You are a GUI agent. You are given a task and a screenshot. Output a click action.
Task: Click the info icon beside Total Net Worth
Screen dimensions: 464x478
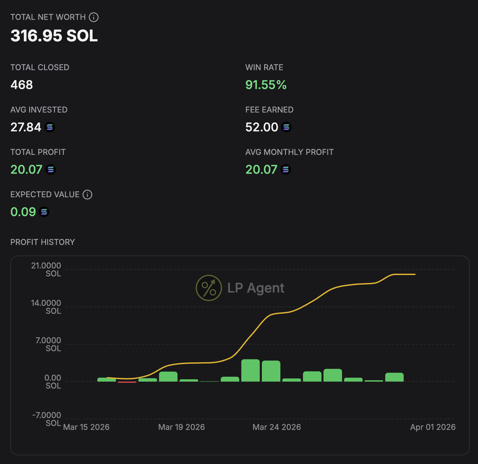click(x=94, y=17)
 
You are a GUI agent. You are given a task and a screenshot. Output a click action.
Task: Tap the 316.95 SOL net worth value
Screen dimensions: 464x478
click(x=54, y=36)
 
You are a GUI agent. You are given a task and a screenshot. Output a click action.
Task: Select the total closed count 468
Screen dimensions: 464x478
click(x=22, y=85)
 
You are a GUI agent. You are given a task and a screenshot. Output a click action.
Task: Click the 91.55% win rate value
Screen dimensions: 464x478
click(x=266, y=85)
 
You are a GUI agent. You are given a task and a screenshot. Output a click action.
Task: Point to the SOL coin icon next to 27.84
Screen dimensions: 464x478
click(x=50, y=127)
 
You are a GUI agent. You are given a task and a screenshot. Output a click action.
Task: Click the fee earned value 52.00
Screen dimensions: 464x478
click(x=262, y=127)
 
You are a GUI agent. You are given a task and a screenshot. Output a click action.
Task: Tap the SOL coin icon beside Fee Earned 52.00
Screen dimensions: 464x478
click(x=286, y=127)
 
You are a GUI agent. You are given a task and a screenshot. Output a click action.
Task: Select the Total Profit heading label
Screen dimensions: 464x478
click(x=38, y=152)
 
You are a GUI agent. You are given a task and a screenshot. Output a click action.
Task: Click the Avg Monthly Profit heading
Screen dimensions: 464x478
click(x=289, y=152)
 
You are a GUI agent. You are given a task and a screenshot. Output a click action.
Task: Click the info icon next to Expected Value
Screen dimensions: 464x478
click(x=87, y=195)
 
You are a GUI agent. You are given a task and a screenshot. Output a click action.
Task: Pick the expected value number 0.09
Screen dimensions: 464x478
click(x=23, y=212)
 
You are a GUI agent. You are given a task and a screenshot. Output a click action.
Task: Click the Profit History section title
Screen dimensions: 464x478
click(x=43, y=242)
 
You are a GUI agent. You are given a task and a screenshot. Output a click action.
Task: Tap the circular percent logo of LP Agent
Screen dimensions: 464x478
click(x=209, y=288)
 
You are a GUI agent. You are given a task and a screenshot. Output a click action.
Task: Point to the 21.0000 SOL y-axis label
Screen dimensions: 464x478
click(x=46, y=269)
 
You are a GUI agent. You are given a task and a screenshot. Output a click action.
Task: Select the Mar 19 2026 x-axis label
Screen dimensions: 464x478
click(x=181, y=427)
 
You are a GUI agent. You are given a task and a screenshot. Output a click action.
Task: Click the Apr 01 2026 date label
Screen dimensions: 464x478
click(x=433, y=427)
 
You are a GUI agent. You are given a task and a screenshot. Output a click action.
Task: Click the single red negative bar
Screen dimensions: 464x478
click(x=127, y=382)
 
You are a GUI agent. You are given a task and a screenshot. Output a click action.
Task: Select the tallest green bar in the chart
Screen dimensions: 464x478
click(x=251, y=370)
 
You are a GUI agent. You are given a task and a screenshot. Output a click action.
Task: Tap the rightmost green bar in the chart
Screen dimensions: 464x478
click(x=394, y=377)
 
